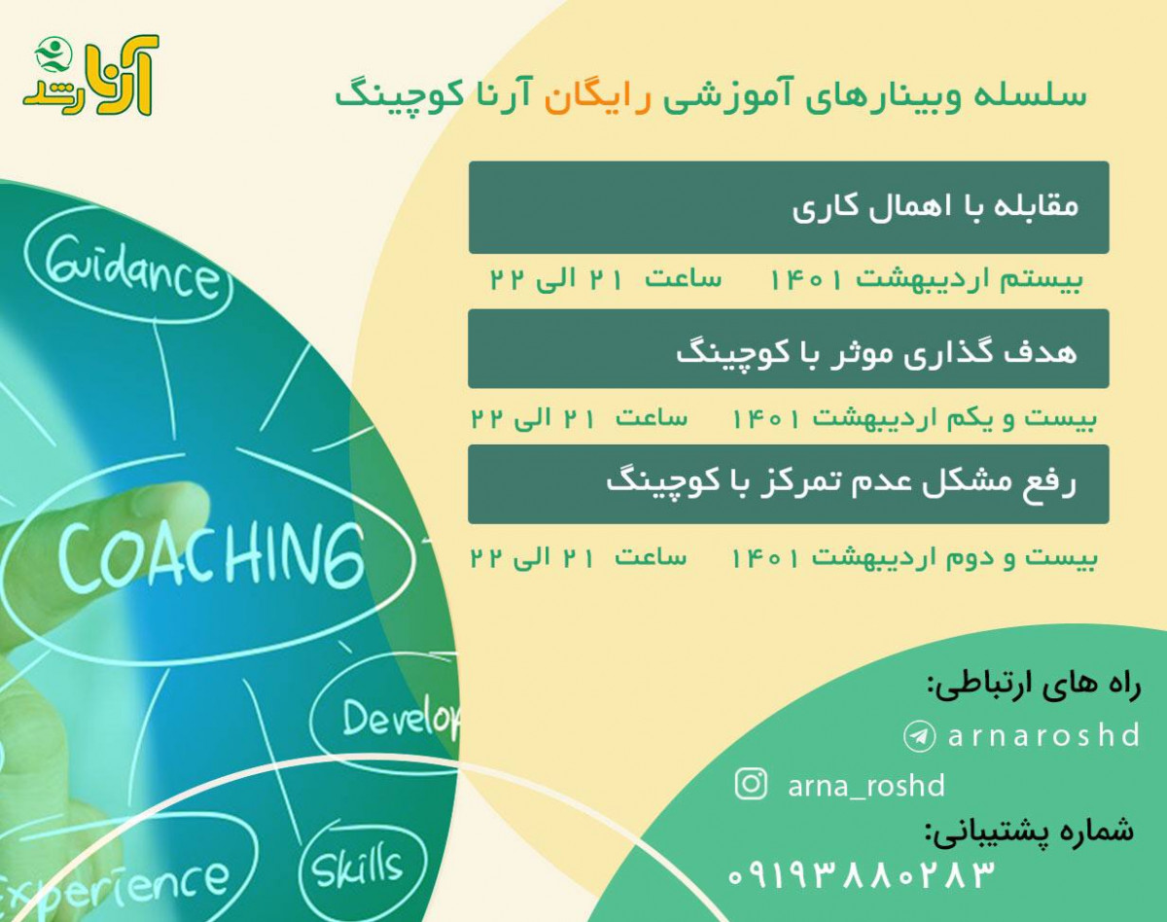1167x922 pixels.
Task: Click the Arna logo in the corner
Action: click(90, 76)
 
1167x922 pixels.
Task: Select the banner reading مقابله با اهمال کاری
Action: click(788, 207)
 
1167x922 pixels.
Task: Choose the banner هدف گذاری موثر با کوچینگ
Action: click(788, 351)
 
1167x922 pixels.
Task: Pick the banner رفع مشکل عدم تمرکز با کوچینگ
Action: click(788, 483)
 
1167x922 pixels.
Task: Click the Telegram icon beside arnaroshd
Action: click(918, 735)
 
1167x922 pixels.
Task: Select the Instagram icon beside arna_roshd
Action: click(751, 784)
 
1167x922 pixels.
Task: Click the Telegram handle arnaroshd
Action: click(1043, 735)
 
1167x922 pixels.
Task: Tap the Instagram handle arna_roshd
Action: click(866, 785)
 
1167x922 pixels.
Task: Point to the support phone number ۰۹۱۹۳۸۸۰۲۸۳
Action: click(861, 874)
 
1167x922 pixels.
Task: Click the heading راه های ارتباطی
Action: click(1033, 684)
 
